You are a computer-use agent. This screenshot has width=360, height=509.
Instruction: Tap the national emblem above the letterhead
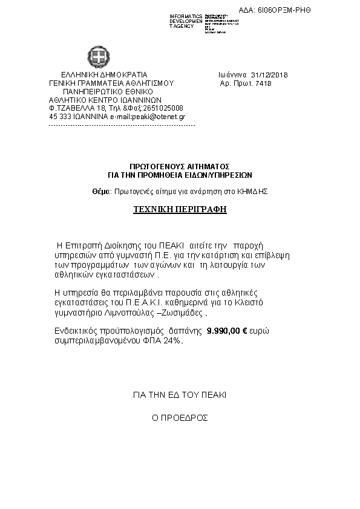97,58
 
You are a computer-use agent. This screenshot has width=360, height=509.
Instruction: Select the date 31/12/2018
272,75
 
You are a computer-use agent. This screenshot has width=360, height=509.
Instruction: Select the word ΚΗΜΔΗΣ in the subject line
255,191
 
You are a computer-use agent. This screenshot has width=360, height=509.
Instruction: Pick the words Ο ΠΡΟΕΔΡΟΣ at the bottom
180,418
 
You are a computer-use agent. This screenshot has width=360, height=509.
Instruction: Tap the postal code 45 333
59,116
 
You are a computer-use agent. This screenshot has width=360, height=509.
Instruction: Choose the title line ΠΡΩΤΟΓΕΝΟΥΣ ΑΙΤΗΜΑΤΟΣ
180,166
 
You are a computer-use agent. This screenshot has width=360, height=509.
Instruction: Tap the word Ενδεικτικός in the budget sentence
73,331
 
